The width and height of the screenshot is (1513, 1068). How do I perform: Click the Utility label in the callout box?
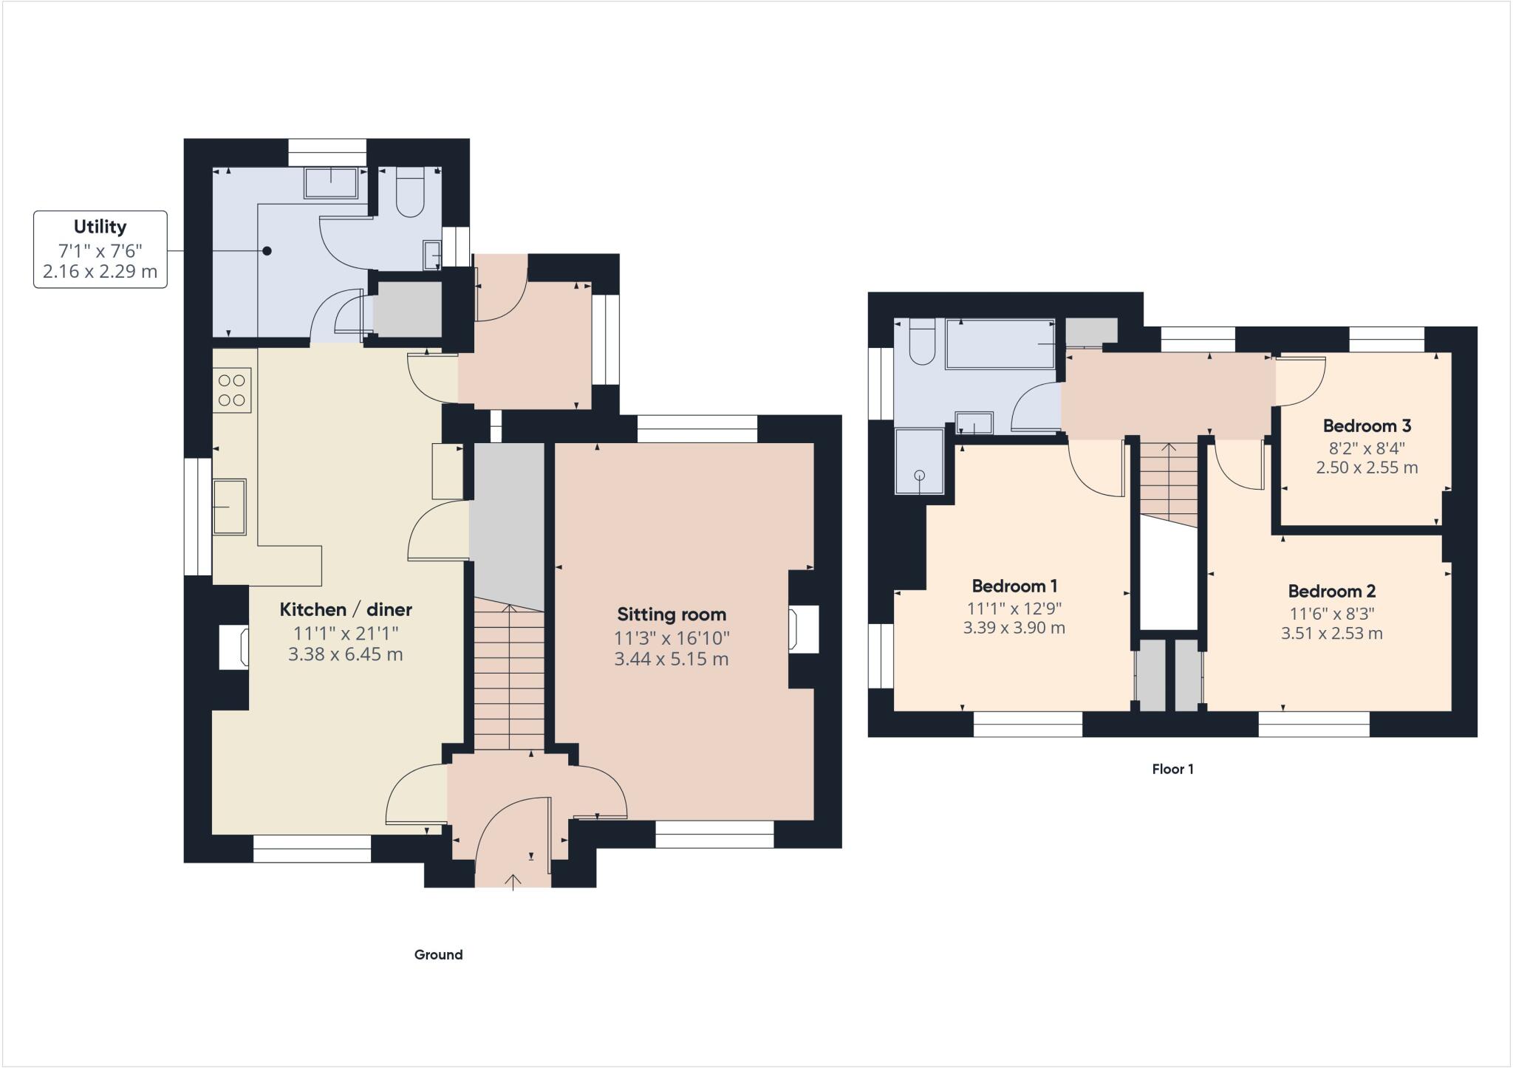tap(100, 227)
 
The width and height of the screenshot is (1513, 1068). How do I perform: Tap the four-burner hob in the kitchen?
tap(232, 390)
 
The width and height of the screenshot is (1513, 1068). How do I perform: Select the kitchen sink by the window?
tap(229, 507)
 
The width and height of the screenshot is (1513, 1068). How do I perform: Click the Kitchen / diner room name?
tap(346, 609)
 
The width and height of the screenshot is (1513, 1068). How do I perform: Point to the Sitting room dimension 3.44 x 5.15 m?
tap(671, 659)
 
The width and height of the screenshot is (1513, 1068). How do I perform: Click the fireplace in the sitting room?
tap(803, 629)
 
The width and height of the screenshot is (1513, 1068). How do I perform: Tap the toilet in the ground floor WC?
tap(410, 194)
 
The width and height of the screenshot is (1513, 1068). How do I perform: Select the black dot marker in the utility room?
tap(267, 251)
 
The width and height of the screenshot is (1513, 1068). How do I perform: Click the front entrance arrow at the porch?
tap(513, 882)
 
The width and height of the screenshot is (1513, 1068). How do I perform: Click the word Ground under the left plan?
tap(438, 954)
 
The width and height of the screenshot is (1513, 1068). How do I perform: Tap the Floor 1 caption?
tap(1172, 769)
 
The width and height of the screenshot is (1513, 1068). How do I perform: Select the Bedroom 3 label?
tap(1367, 425)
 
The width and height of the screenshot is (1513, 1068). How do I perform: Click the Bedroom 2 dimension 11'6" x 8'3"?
tap(1331, 613)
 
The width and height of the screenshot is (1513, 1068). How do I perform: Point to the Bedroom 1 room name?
tap(1014, 586)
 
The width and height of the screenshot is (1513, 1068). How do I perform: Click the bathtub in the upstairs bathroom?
tap(1000, 343)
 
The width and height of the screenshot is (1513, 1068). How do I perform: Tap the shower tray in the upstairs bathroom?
tap(919, 461)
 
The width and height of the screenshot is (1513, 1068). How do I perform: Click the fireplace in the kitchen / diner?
tap(236, 647)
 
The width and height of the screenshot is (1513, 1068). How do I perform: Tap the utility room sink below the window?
tap(330, 182)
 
